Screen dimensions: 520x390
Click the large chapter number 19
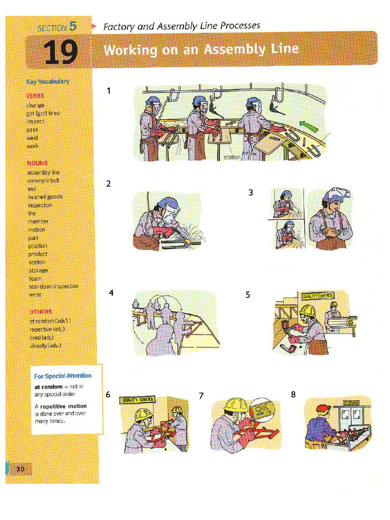point(60,52)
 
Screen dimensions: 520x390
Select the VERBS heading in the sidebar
point(35,95)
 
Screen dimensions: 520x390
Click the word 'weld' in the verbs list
point(32,138)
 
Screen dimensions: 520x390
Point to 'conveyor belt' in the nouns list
point(43,180)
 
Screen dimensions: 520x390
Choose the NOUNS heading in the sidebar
point(37,163)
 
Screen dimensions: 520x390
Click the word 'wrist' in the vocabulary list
point(35,295)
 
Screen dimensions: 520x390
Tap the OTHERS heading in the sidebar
point(41,311)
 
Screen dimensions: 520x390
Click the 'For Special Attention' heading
point(63,376)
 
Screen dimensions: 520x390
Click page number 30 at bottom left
point(20,468)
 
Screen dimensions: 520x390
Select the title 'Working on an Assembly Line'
point(201,50)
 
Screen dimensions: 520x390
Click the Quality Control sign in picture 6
point(138,400)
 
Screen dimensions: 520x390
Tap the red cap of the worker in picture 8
point(323,408)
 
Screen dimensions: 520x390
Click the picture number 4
point(111,294)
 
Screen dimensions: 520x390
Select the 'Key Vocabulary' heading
point(48,81)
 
